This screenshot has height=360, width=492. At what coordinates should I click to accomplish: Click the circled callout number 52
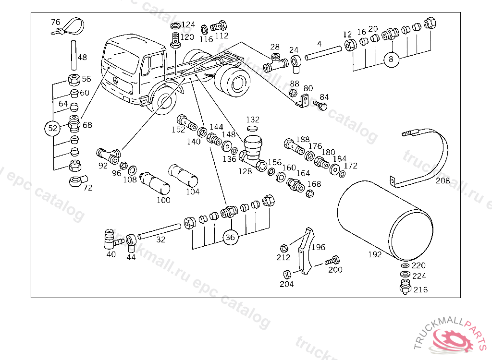coord(52,128)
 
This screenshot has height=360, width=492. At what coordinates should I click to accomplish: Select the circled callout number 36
coord(230,238)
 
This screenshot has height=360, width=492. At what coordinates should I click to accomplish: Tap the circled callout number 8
coord(391,59)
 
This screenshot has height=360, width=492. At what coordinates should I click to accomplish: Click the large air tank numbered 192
coord(385,221)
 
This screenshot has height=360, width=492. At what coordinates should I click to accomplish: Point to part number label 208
coord(443,180)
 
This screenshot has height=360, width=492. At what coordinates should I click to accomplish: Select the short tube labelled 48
coord(74,55)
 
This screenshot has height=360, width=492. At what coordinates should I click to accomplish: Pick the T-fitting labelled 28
coord(275,63)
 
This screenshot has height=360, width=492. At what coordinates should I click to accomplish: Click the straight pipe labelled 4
coord(323,53)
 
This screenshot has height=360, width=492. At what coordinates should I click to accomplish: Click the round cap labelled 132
coord(252,128)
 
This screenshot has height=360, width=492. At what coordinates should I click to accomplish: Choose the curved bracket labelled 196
coord(305,251)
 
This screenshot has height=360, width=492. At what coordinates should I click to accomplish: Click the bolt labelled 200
coord(332,260)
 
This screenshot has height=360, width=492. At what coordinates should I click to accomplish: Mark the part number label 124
coord(188,24)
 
